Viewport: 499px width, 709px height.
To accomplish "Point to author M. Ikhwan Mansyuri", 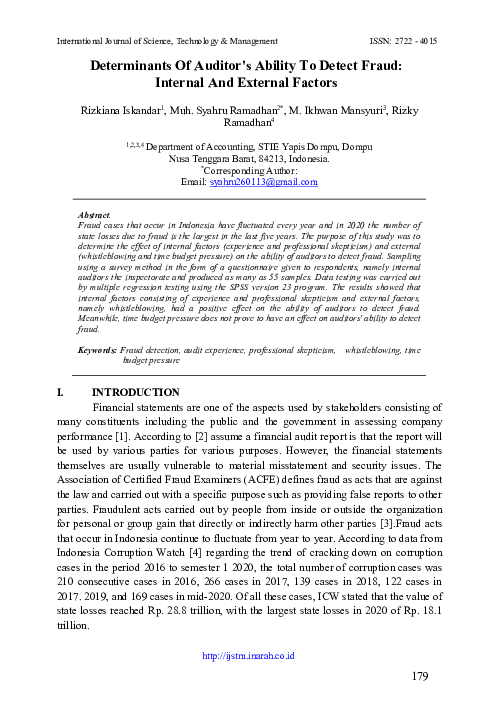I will pos(330,107).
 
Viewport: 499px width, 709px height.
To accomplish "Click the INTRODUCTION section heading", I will pos(135,365).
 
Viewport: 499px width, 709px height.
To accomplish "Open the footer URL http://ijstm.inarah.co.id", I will pos(249,659).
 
